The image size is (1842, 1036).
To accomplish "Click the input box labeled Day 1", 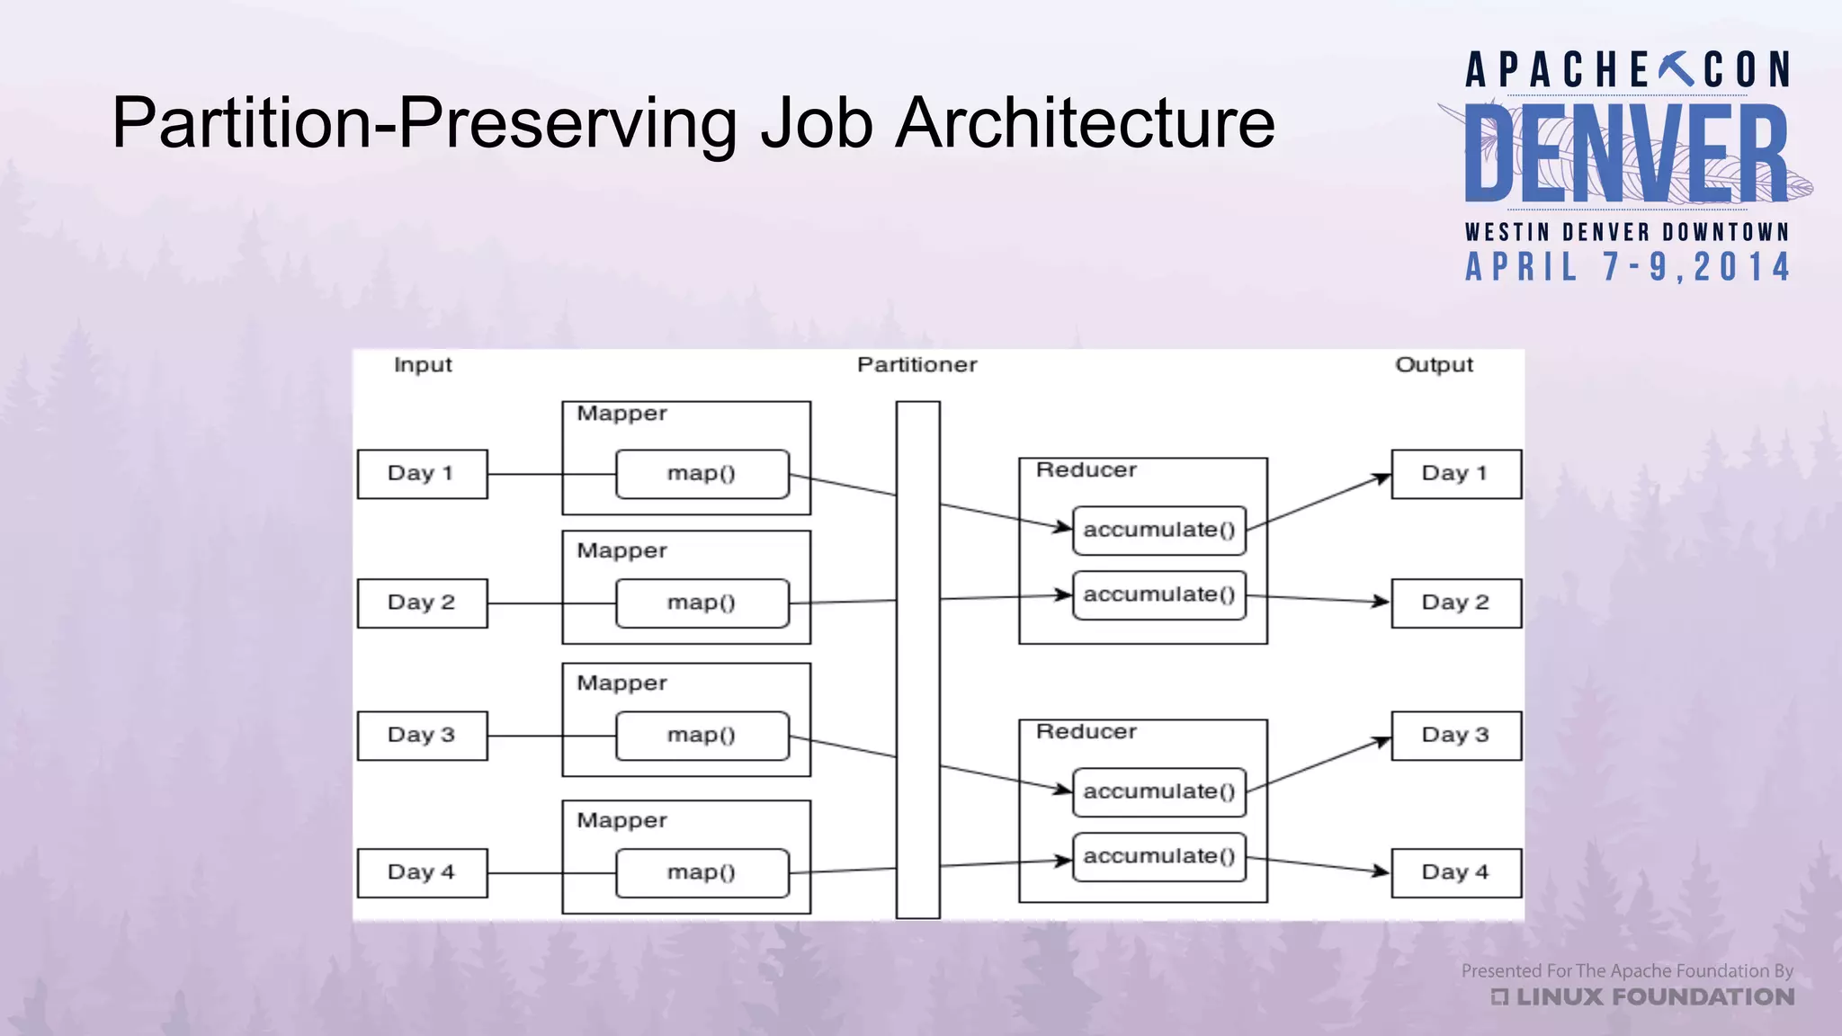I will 422,474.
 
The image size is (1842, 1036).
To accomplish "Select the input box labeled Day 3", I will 422,736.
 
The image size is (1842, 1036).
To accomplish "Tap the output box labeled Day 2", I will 1455,603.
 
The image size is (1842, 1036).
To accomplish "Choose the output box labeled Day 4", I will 1455,872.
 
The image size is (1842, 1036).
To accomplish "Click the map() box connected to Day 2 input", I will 702,603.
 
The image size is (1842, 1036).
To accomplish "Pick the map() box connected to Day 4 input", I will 702,872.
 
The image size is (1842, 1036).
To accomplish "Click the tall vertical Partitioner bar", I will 917,659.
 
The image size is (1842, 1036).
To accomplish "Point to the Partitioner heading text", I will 917,365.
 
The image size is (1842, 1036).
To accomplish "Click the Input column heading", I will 423,365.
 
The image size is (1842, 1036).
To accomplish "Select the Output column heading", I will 1434,365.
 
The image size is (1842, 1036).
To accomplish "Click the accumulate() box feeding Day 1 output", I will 1158,530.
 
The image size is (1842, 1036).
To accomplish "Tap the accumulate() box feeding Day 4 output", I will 1158,856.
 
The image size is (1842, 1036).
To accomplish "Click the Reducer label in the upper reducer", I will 1086,470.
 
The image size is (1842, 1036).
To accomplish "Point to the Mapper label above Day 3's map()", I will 621,683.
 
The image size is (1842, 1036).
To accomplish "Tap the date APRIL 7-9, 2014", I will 1628,267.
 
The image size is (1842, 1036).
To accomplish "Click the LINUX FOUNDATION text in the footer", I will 1653,996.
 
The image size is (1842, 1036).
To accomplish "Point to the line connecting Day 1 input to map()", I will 550,474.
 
